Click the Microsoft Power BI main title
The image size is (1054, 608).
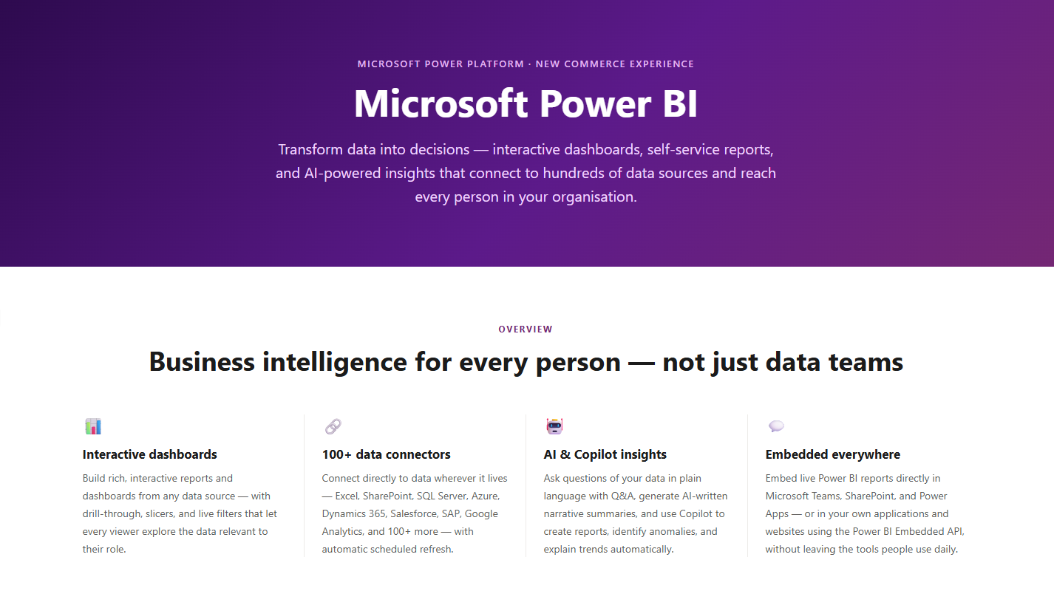(x=526, y=103)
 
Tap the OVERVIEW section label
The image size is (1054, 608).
(x=526, y=329)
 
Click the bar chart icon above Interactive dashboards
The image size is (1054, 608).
(x=93, y=426)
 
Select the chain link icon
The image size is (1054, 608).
(x=333, y=426)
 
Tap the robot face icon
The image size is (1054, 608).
(x=554, y=426)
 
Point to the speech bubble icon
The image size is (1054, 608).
(x=776, y=426)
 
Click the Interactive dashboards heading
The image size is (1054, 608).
(x=149, y=454)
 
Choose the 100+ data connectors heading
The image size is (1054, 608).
(x=386, y=454)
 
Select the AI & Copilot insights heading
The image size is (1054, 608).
(x=605, y=454)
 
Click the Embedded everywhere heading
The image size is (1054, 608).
(x=832, y=454)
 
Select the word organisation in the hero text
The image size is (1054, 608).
(x=594, y=197)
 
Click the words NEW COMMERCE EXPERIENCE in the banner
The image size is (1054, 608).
(x=614, y=64)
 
